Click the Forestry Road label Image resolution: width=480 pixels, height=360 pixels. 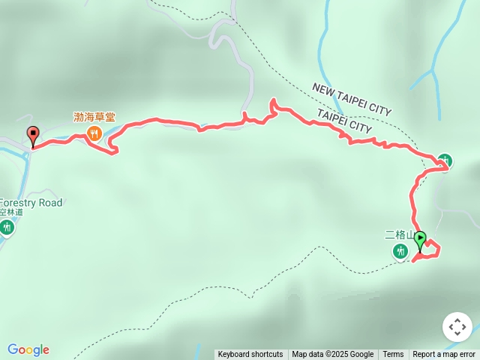[x=30, y=202]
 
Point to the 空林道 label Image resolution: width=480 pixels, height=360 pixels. [x=10, y=212]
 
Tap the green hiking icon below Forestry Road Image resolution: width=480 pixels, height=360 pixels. [x=7, y=226]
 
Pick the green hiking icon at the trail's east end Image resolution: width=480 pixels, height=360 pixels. [x=445, y=160]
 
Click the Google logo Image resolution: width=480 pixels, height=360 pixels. [x=28, y=349]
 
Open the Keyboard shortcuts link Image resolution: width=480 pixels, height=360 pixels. [x=250, y=355]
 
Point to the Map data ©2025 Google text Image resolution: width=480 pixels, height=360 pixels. [x=332, y=355]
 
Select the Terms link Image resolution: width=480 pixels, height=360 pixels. [x=393, y=355]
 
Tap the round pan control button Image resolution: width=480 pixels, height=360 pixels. [x=457, y=328]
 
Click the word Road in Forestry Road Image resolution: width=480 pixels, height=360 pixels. [x=49, y=202]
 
